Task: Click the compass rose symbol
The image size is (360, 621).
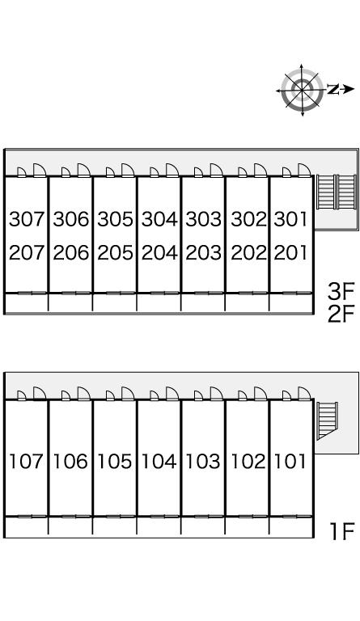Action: tap(302, 90)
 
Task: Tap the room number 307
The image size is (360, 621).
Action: tap(27, 219)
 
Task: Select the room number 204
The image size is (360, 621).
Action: tap(159, 252)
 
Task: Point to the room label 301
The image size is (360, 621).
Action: tap(290, 219)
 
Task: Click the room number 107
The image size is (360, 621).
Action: tap(26, 462)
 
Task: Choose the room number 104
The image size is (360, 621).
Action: tap(159, 462)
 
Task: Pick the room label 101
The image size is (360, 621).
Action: tap(290, 462)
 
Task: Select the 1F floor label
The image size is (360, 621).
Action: tap(342, 531)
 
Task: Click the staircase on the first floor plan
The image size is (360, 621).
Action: tap(327, 420)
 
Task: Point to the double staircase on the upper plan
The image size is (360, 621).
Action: tap(337, 192)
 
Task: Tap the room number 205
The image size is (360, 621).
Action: tap(115, 252)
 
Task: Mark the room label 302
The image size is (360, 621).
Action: tap(248, 219)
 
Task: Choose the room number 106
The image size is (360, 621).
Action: tap(70, 462)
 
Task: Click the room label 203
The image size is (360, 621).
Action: tap(203, 252)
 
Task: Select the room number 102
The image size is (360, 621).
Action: tap(248, 462)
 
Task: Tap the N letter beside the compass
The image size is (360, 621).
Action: tap(333, 90)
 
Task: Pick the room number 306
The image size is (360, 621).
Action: tap(71, 219)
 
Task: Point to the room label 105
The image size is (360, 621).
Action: tap(114, 462)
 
